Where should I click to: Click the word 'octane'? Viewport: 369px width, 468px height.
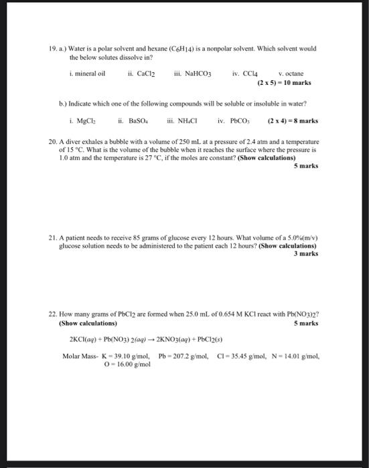[x=294, y=74]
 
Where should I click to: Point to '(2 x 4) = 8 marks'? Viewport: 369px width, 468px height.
[x=292, y=122]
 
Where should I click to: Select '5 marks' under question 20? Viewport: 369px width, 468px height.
[x=306, y=165]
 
